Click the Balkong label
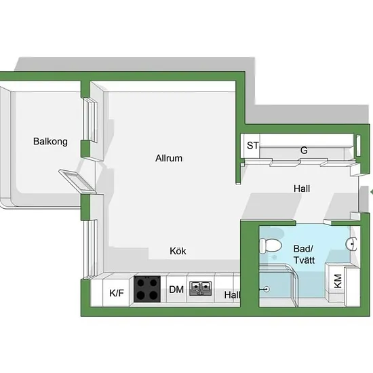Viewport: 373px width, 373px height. click(50, 142)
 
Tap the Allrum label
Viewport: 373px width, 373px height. click(169, 158)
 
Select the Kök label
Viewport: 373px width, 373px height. click(178, 251)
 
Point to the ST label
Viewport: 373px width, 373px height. click(252, 146)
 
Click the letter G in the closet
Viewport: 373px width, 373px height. click(304, 151)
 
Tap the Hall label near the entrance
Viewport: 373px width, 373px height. click(302, 189)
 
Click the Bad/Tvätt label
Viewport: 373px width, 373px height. click(304, 254)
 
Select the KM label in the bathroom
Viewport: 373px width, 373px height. click(338, 281)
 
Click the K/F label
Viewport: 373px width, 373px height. click(117, 293)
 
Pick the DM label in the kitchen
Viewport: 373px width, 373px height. click(176, 290)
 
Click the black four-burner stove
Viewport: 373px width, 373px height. click(147, 289)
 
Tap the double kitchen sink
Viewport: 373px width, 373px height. click(200, 288)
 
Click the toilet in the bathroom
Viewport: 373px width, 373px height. click(270, 246)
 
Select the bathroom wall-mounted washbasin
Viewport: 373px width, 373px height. click(351, 244)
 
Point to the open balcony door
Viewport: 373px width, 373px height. click(77, 180)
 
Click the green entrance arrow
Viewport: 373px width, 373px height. click(372, 192)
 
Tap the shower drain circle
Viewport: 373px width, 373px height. click(267, 290)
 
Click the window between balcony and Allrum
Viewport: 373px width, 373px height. click(90, 120)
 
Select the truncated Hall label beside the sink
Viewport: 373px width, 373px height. click(232, 295)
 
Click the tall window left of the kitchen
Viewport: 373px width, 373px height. click(90, 249)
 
